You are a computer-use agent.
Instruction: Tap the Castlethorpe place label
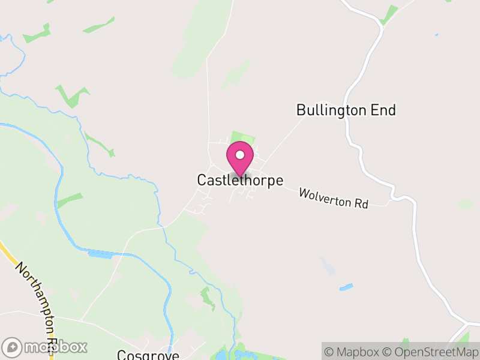(x=240, y=180)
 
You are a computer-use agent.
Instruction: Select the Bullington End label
(x=346, y=110)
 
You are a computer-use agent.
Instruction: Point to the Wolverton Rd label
(x=333, y=198)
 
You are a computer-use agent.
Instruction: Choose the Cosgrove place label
(x=148, y=355)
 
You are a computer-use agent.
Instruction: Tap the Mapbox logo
(x=45, y=347)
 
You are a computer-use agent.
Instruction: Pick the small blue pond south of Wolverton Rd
(x=346, y=287)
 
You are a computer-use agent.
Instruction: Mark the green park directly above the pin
(x=242, y=139)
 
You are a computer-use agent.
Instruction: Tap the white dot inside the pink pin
(x=240, y=155)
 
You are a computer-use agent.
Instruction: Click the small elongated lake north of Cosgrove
(x=100, y=255)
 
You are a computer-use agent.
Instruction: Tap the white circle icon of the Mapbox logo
(x=12, y=347)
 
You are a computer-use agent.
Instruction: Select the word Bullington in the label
(x=332, y=110)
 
